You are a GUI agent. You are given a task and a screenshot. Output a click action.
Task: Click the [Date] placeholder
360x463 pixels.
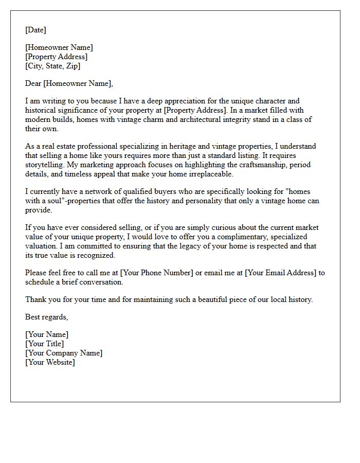coord(35,30)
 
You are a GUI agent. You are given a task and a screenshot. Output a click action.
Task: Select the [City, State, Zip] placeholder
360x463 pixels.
coord(52,66)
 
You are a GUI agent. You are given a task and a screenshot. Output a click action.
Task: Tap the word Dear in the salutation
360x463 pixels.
coord(33,83)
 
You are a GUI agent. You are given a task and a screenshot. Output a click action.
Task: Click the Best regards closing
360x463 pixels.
coord(46,317)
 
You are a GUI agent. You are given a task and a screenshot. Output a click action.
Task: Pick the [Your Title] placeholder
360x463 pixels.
coord(45,344)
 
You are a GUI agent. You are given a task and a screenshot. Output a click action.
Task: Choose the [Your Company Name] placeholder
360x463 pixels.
coord(64,353)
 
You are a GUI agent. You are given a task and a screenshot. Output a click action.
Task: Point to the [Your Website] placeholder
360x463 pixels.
coord(50,362)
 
